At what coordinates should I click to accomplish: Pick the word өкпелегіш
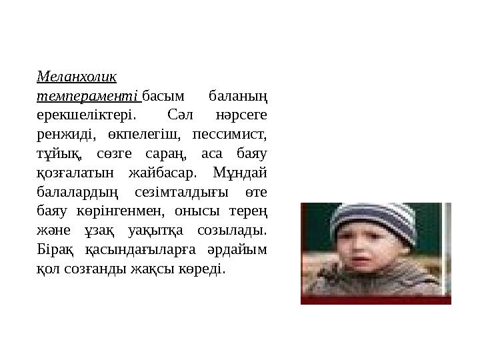coord(141,135)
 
